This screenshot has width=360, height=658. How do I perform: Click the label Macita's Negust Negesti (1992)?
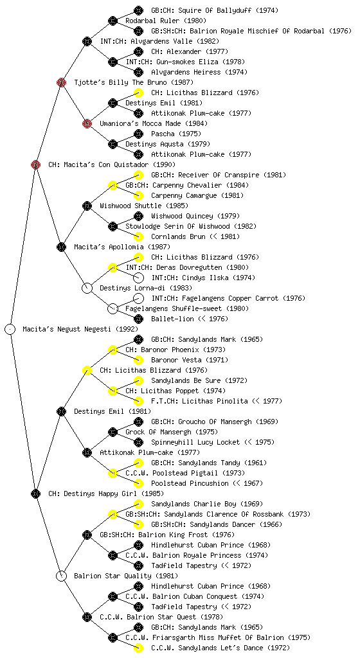(x=80, y=329)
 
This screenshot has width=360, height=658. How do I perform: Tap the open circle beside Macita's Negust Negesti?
(x=10, y=329)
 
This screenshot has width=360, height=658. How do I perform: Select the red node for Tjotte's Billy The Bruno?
(x=61, y=82)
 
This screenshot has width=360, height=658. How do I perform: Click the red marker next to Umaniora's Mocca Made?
(x=87, y=123)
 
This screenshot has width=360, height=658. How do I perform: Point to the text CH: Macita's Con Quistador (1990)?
(x=112, y=164)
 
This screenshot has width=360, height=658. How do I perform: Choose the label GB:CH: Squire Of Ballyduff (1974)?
(x=215, y=10)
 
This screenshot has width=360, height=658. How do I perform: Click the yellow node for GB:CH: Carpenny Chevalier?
(x=113, y=185)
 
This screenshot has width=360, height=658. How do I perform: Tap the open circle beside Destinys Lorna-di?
(x=87, y=288)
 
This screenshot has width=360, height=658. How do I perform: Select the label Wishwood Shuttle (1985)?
(x=144, y=206)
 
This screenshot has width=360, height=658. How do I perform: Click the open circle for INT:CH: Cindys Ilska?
(x=138, y=278)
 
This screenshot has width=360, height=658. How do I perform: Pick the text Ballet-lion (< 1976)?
(x=190, y=319)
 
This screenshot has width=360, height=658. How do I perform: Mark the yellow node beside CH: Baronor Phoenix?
(x=113, y=350)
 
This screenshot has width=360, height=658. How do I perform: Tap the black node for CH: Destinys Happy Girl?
(x=35, y=493)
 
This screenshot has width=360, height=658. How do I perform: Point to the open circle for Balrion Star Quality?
(x=61, y=576)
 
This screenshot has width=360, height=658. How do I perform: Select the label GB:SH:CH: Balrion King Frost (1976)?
(x=167, y=535)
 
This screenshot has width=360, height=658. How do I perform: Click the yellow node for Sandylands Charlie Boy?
(x=138, y=504)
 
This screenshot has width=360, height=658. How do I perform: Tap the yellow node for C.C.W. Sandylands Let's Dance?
(x=138, y=648)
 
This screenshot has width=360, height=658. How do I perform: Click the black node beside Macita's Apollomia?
(x=61, y=247)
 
